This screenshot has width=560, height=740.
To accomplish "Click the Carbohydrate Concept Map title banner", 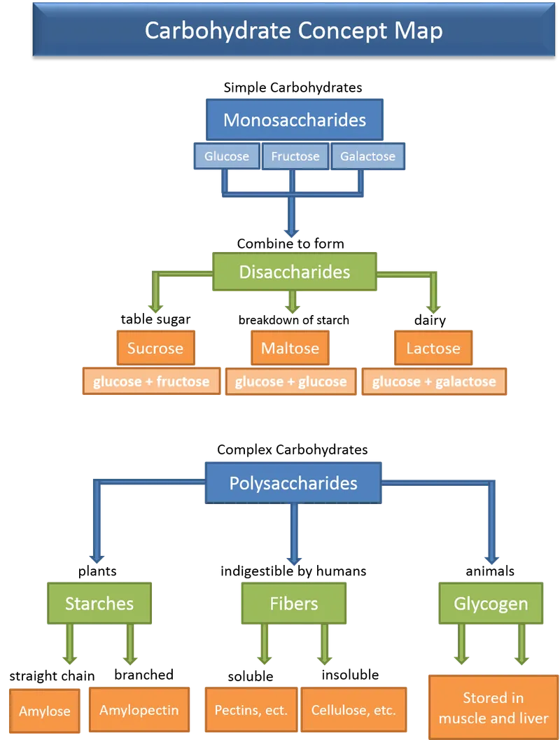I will point(293,32).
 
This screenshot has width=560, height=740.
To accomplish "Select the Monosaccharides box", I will point(294,120).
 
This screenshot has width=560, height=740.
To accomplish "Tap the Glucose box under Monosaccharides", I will point(226,157).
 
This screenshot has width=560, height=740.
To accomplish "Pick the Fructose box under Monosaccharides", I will point(295,157).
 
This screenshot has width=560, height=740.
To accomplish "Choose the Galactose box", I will point(367,157).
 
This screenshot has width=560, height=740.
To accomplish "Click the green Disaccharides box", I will point(294,272).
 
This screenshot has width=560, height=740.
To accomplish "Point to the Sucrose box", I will point(155,348).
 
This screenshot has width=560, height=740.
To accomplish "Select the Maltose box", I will point(290,348).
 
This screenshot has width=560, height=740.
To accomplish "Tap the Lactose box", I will point(433,348).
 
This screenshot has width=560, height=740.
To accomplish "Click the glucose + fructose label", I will point(151,382).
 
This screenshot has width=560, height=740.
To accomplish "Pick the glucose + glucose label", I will point(290,382).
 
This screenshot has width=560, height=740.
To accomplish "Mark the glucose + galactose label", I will point(434,382).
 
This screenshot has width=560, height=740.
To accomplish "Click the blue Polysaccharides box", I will point(293,483).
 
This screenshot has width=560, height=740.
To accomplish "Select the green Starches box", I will point(99,603).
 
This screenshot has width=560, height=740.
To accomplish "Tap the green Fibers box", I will point(294,603).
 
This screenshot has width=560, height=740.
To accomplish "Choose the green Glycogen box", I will point(491,603).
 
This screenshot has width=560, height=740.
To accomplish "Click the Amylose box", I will point(45,711).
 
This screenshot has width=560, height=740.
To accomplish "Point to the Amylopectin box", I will point(139,710).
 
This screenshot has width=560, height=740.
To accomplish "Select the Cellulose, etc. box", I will point(354,710).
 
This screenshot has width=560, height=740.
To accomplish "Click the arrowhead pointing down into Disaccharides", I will point(293,232).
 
